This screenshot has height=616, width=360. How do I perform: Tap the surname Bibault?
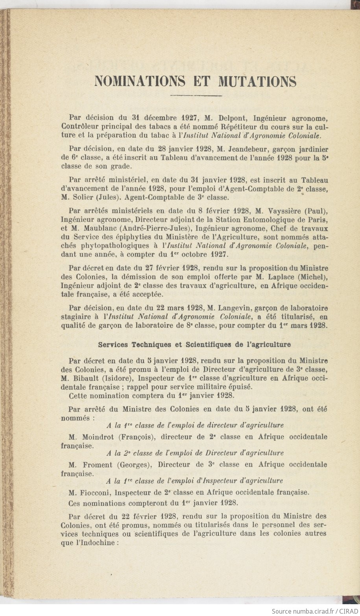85,378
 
